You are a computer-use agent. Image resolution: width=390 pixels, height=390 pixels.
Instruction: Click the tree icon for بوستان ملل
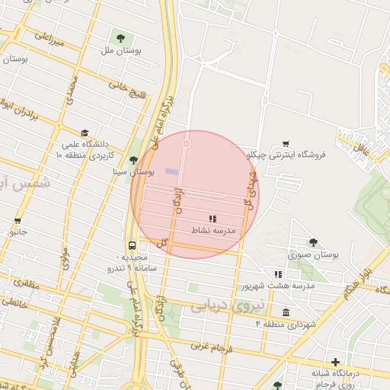[120, 37]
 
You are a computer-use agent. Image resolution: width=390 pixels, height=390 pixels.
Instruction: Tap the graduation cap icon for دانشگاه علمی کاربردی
[84, 133]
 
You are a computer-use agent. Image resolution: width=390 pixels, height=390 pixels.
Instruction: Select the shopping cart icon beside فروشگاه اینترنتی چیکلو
[286, 143]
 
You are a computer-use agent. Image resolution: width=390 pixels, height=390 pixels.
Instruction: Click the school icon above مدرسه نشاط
[212, 219]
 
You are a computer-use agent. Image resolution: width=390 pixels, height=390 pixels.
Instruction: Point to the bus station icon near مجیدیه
[133, 245]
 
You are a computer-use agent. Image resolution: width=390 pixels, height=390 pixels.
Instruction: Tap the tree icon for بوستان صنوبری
[312, 243]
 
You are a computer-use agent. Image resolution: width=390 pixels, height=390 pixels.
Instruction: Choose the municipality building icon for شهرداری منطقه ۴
[286, 312]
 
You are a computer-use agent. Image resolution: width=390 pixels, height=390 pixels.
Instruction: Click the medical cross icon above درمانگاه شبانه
[335, 361]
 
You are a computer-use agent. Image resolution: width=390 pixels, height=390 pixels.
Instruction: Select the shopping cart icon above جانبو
[17, 222]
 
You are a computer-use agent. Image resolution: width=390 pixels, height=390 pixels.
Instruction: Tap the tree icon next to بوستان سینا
[134, 160]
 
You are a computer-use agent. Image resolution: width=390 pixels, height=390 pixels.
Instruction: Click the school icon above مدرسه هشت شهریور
[279, 274]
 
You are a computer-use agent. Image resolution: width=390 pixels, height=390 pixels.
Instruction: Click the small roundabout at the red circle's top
[187, 142]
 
